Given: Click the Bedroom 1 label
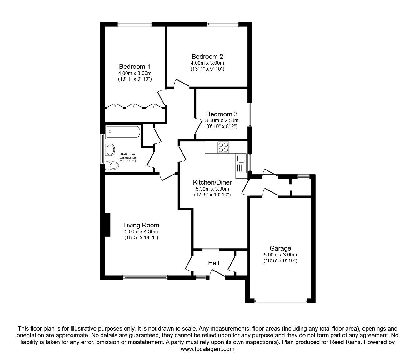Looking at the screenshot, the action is click(x=134, y=67).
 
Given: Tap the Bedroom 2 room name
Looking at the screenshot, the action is click(x=207, y=57).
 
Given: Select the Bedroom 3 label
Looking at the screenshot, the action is click(x=222, y=114).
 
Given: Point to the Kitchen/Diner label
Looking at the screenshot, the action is click(x=212, y=182).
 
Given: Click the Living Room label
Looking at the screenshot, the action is click(x=141, y=225).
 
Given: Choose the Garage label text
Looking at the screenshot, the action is click(x=280, y=248).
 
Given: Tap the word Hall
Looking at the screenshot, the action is click(x=213, y=263).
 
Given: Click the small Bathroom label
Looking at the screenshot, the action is click(x=128, y=155).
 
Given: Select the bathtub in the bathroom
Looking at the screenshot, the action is click(x=123, y=132).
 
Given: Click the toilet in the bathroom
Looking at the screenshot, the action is click(x=112, y=166).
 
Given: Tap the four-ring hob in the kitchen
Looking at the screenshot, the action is click(x=223, y=147).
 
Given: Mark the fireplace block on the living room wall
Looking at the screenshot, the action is click(x=107, y=225).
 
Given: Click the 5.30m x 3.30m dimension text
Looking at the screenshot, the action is click(x=212, y=189).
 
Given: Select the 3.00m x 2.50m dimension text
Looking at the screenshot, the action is click(x=222, y=121).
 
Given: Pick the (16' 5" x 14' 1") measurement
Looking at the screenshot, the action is click(x=141, y=238).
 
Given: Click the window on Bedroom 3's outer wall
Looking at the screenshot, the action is click(x=250, y=115).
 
